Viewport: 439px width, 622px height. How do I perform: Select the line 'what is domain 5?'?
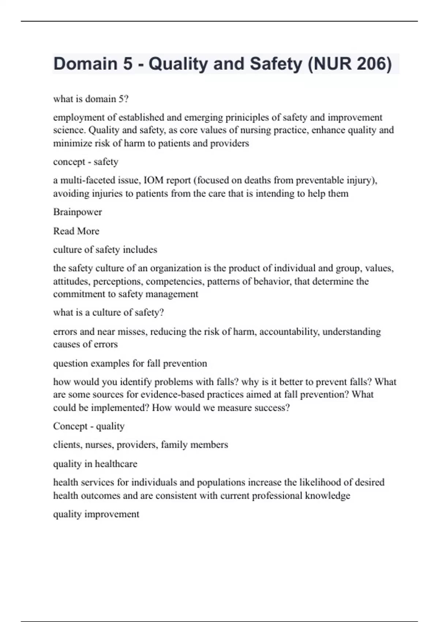click(91, 99)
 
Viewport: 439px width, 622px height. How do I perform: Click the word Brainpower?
click(78, 212)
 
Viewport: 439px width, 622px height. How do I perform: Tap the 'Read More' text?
click(76, 231)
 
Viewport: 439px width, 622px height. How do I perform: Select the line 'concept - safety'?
click(86, 162)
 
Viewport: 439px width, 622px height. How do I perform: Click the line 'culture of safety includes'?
click(105, 250)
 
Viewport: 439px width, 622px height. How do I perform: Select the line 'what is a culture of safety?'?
click(108, 312)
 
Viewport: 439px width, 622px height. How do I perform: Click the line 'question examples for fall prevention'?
click(130, 363)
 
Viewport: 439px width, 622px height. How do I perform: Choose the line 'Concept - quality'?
click(89, 426)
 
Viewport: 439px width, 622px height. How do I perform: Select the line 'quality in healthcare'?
click(95, 464)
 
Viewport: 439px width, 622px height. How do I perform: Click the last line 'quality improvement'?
click(96, 514)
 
